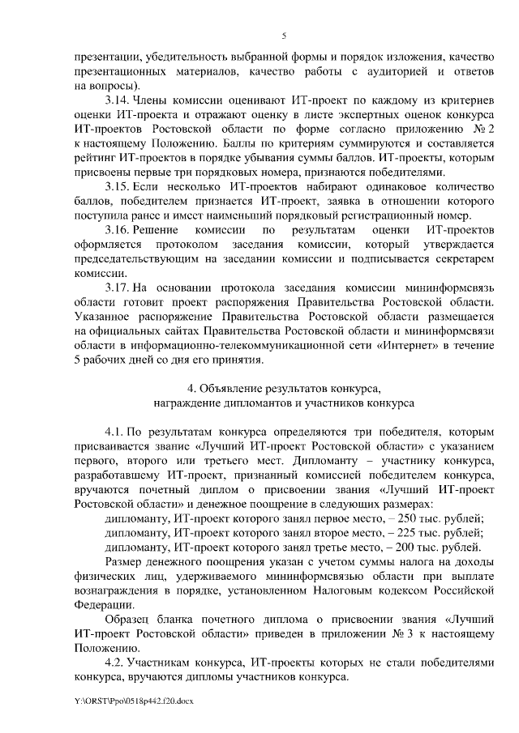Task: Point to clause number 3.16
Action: [x=119, y=230]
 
